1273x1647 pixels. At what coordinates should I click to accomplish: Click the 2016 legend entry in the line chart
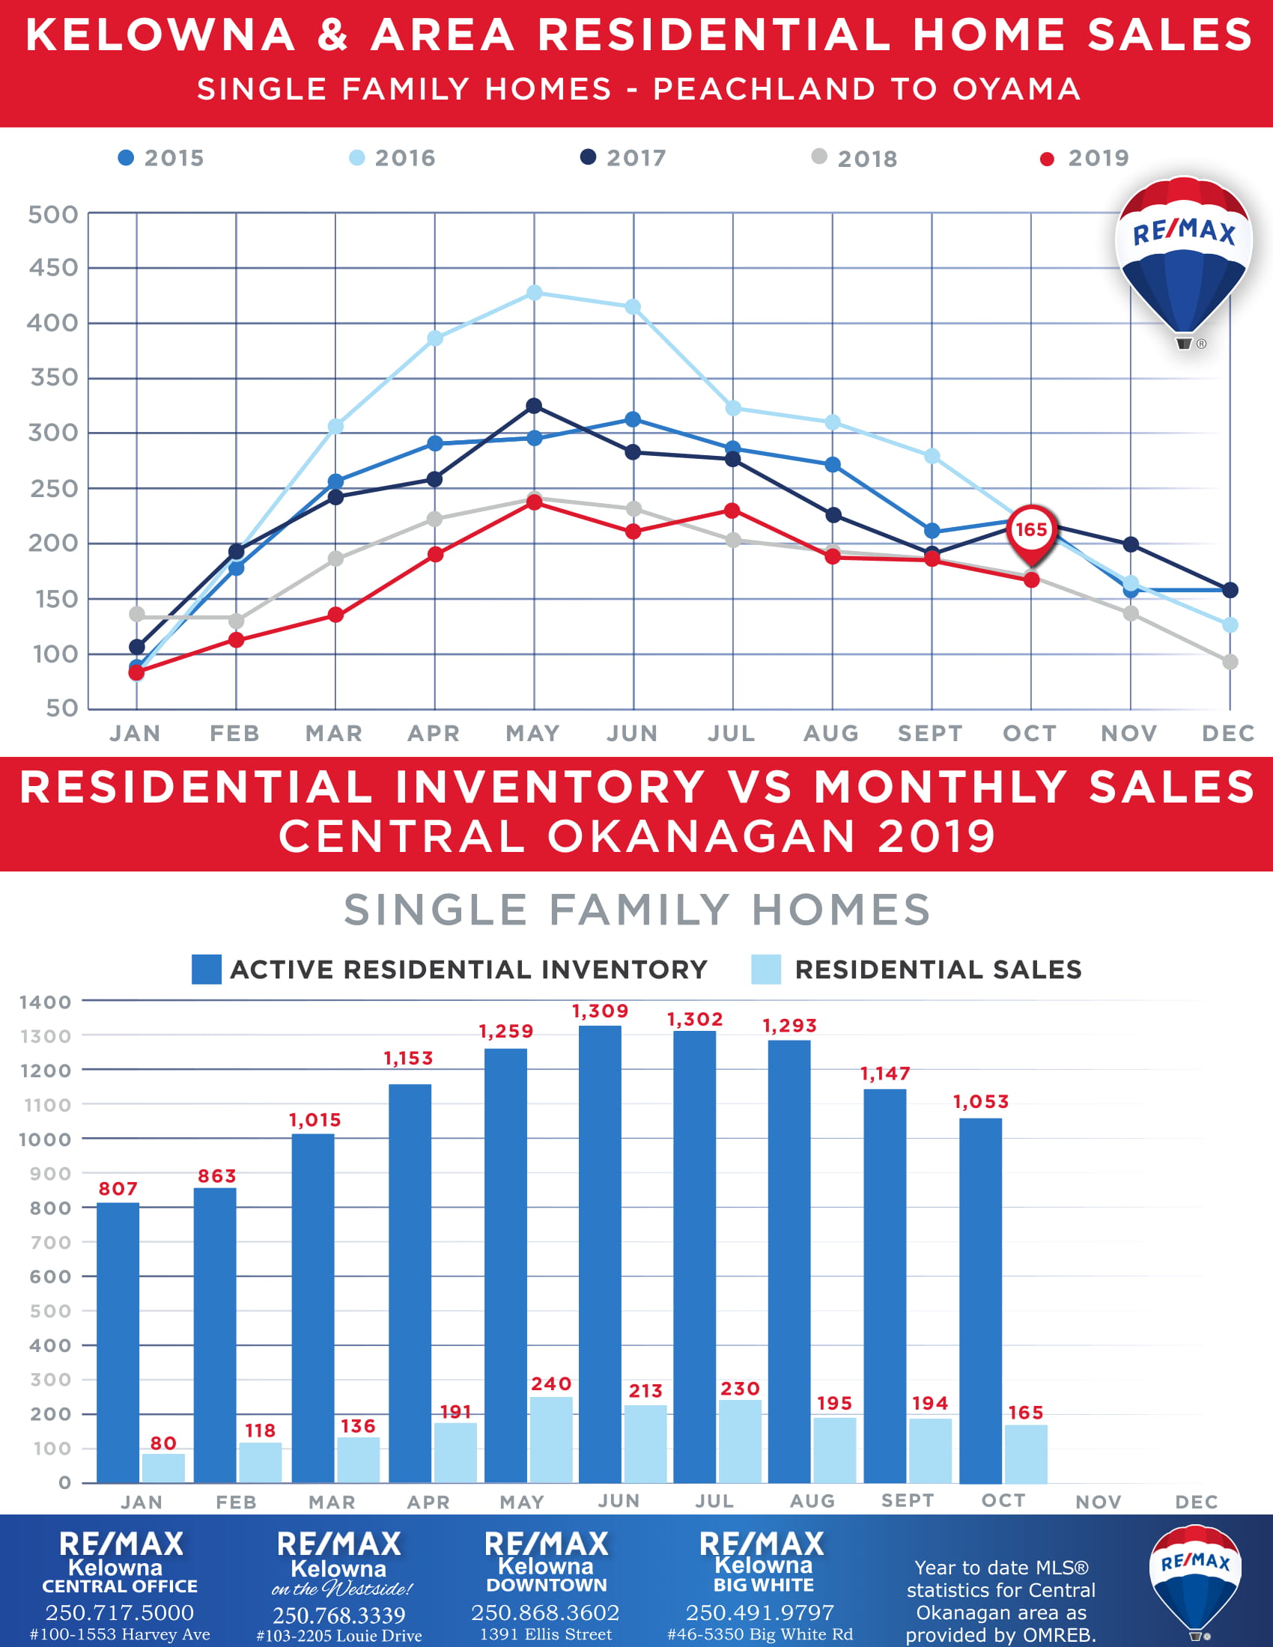[x=392, y=158]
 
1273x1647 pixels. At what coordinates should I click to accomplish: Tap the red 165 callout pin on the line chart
[x=1031, y=531]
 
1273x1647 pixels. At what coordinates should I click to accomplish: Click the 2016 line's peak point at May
[x=534, y=293]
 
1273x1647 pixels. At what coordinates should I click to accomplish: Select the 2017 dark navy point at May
[x=534, y=406]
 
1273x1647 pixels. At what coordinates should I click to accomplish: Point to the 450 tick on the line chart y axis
[x=52, y=268]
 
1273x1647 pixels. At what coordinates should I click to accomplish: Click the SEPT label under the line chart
[x=930, y=733]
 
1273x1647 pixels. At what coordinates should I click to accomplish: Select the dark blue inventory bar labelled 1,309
[x=601, y=1252]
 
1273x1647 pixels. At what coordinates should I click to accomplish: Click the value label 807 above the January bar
[x=118, y=1189]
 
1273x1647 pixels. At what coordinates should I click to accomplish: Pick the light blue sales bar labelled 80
[x=164, y=1467]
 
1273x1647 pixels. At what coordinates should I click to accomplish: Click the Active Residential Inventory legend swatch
[x=207, y=969]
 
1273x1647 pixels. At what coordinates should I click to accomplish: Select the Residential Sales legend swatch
[x=766, y=969]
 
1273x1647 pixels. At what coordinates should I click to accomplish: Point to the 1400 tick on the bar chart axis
[x=45, y=1002]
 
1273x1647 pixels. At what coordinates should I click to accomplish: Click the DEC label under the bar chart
[x=1196, y=1502]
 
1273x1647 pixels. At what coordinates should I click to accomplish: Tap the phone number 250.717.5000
[x=119, y=1613]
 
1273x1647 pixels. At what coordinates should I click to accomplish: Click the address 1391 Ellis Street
[x=546, y=1634]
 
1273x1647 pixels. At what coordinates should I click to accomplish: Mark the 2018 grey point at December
[x=1230, y=661]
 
